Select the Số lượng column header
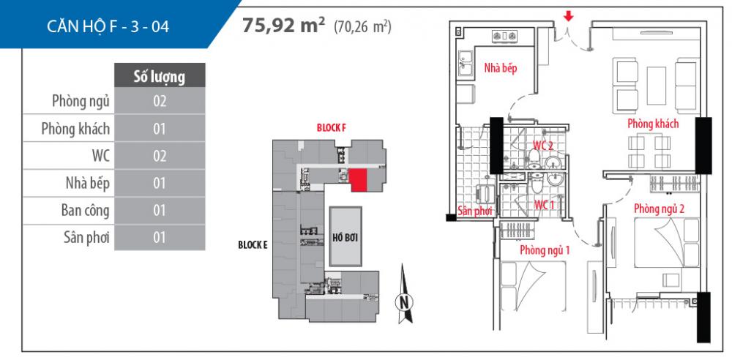coord(158,75)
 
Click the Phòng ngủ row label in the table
coord(81,101)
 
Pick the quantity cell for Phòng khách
coord(159,129)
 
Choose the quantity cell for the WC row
coord(159,156)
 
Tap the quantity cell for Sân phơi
coord(159,237)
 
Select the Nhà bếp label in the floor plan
coord(500,68)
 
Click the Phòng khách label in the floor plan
coord(652,124)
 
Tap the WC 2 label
coord(542,145)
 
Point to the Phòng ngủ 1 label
coord(545,250)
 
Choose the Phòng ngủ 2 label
coord(660,209)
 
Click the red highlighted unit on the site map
coord(358,180)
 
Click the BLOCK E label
coord(253,245)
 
